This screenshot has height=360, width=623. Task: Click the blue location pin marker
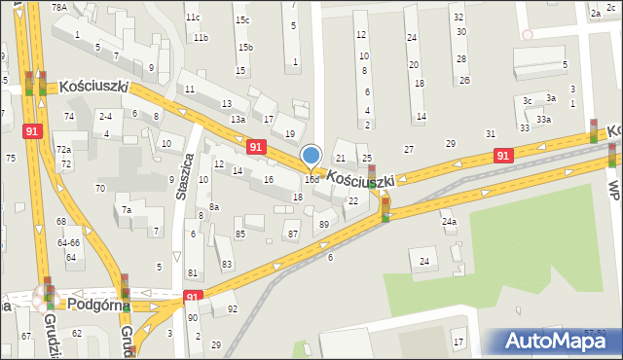click(x=311, y=157)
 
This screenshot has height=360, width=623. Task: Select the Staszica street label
click(x=185, y=175)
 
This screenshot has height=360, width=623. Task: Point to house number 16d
click(x=311, y=180)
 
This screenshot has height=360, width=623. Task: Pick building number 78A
click(x=59, y=7)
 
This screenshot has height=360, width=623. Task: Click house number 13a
click(x=238, y=120)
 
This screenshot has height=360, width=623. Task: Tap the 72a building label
click(x=63, y=150)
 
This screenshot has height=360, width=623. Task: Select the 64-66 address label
click(x=67, y=242)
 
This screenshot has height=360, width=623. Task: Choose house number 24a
click(x=449, y=222)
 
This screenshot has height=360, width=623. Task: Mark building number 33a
click(x=543, y=120)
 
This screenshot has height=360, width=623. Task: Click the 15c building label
click(x=241, y=20)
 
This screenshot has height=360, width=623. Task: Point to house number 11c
click(x=193, y=17)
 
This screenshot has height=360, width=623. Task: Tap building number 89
click(x=324, y=225)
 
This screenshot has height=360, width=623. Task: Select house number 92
click(x=232, y=309)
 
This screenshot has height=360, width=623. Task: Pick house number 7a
click(x=126, y=210)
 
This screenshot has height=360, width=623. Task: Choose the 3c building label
click(x=527, y=100)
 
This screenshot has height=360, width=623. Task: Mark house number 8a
click(x=213, y=207)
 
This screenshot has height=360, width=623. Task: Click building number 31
click(x=491, y=134)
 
